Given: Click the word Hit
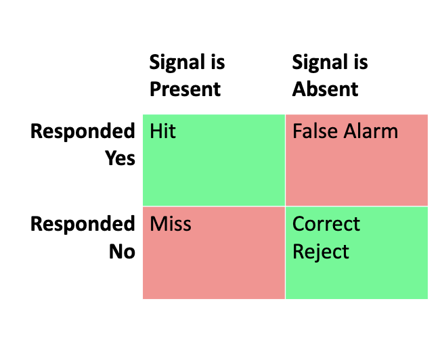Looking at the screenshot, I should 162,131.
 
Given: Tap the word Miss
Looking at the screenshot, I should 171,223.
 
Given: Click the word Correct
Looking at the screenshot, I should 326,223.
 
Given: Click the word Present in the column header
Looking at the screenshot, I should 185,89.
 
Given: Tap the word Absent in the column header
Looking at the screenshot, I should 325,89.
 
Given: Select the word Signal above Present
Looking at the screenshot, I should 177,63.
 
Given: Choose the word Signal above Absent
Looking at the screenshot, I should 320,63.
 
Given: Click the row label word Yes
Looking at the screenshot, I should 120,158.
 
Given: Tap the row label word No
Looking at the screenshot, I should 123,251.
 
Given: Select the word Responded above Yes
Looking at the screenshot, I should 83,131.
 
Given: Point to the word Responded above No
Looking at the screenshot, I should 83,224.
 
